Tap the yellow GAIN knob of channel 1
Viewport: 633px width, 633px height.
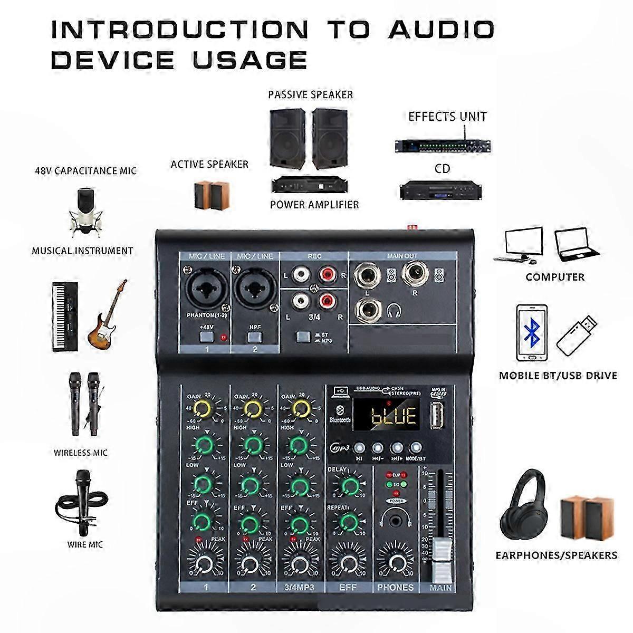click(201, 407)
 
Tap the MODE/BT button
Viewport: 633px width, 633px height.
click(417, 448)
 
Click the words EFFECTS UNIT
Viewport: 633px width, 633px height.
click(447, 117)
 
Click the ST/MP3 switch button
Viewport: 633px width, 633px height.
click(303, 336)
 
